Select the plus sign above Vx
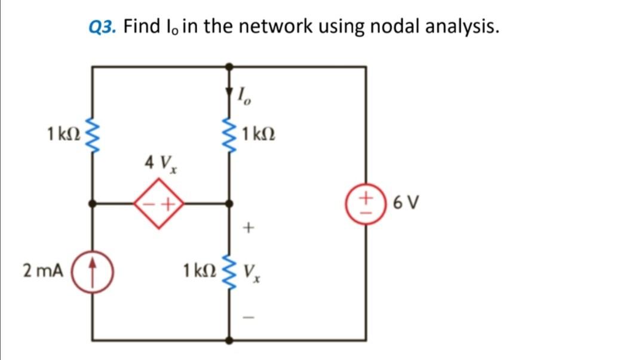point(250,227)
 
